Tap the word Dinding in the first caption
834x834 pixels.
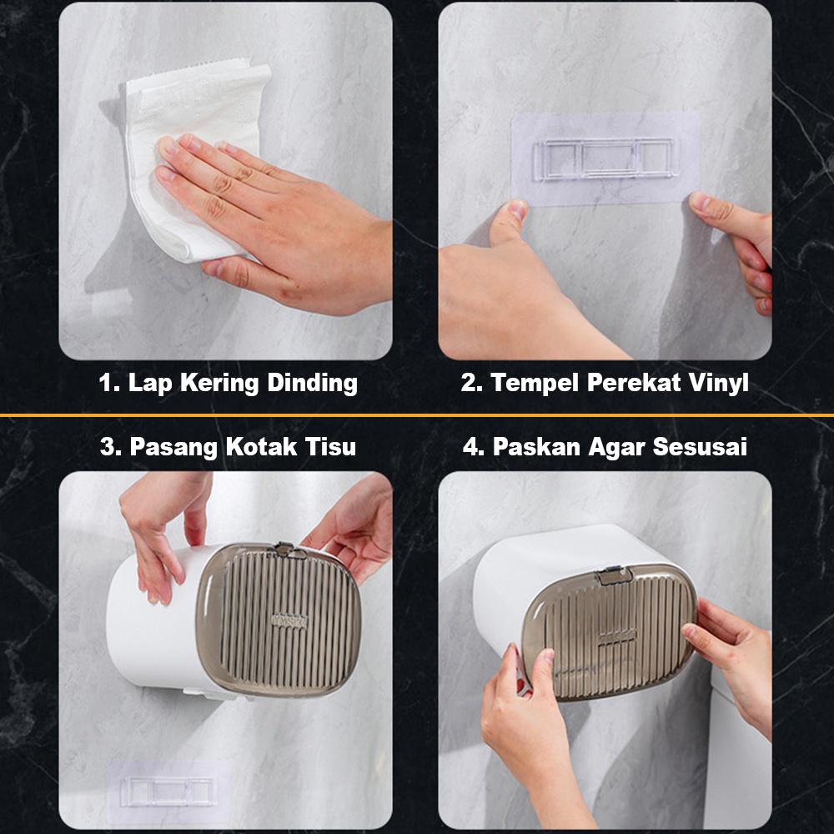tap(312, 383)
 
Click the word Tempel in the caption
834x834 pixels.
tap(534, 383)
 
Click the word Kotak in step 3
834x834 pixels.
tap(260, 446)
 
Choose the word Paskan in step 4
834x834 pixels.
tap(535, 446)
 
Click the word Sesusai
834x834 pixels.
tap(700, 446)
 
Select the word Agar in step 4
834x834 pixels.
tap(615, 447)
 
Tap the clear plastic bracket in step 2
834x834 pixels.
tap(606, 158)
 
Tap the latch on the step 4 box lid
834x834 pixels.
tap(615, 575)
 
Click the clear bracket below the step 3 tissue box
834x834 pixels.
tap(168, 791)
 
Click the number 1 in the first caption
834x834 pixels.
tap(108, 383)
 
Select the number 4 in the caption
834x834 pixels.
tap(472, 446)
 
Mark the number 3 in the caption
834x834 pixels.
tap(110, 446)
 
